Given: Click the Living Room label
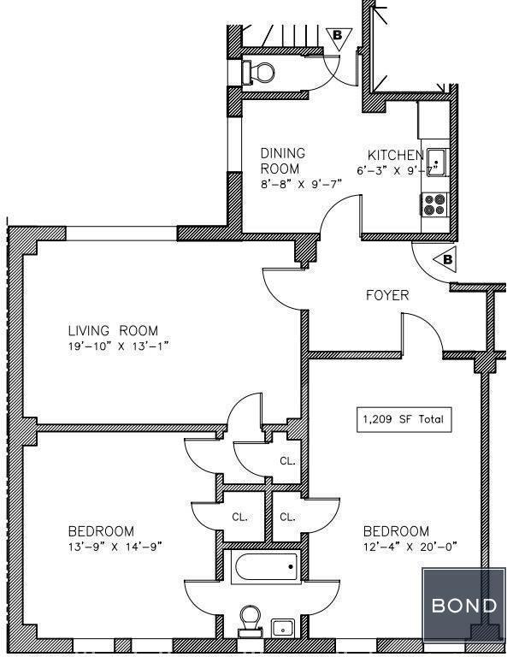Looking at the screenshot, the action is click(113, 330).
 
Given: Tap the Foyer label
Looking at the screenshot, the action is click(387, 295).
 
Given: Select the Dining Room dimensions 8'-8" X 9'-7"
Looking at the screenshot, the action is click(301, 184).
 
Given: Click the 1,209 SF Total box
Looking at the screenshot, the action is click(404, 419).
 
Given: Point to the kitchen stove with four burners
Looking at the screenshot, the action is click(434, 204).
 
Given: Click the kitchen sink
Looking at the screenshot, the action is click(437, 163).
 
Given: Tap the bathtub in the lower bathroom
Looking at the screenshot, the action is click(267, 567).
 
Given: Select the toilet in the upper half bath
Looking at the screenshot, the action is click(258, 72).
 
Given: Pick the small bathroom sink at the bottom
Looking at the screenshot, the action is click(283, 629).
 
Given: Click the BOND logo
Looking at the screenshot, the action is click(464, 605).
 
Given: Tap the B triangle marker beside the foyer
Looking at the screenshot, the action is click(445, 260).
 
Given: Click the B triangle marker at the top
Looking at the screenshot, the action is click(339, 38).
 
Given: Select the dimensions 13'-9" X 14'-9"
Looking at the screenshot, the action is click(115, 547).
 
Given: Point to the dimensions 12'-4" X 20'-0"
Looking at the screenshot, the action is click(410, 547).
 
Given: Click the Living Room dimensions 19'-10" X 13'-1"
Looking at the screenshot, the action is click(118, 346).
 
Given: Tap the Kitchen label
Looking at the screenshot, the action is click(396, 155).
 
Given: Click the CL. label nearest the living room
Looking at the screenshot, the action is click(288, 461).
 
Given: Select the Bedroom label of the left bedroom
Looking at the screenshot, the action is click(101, 531).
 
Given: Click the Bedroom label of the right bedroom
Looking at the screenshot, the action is click(396, 531).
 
